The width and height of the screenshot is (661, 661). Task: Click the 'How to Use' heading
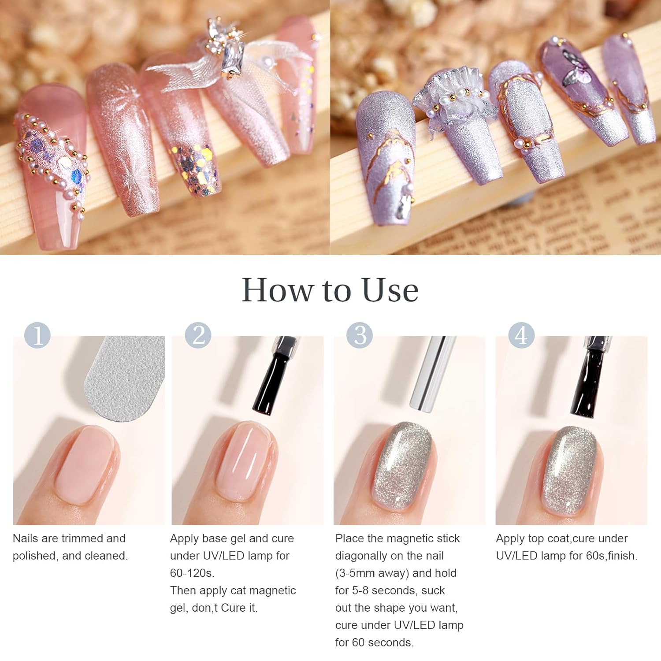pos(330,290)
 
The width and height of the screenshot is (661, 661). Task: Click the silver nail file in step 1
pos(126,377)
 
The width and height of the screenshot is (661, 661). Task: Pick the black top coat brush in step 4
pos(588,379)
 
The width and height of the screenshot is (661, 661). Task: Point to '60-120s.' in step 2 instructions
pos(192,573)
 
